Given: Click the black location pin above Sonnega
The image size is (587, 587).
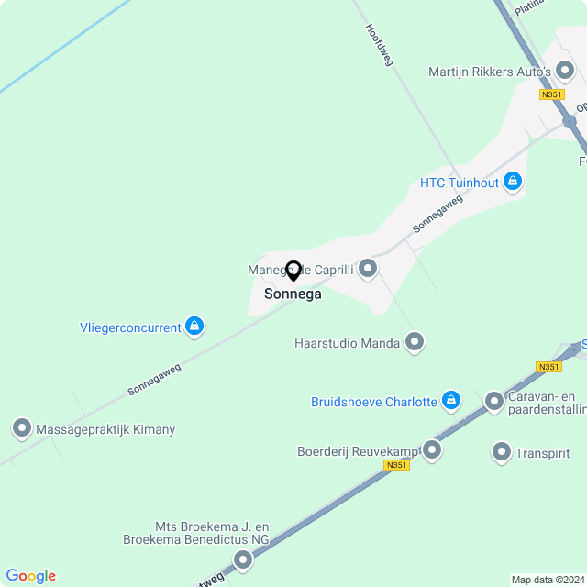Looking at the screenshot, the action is (293, 271).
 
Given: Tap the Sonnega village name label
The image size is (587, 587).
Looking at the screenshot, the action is (293, 294).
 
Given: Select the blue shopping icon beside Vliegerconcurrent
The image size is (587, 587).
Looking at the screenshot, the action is (194, 326).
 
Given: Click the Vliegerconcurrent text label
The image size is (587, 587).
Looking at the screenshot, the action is (130, 327).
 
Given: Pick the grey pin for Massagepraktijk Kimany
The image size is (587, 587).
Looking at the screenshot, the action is (21, 428).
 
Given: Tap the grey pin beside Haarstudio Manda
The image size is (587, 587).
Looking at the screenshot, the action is (415, 343).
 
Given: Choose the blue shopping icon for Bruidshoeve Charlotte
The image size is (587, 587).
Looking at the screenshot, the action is (450, 401).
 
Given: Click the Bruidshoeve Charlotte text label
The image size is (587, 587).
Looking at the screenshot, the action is (374, 402).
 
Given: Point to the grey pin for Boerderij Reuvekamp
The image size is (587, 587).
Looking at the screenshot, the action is (432, 450).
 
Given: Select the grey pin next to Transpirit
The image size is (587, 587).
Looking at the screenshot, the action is (501, 452).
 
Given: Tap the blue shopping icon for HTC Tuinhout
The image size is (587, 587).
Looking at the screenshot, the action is (513, 182).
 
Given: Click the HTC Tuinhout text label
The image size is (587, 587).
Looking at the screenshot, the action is (460, 183).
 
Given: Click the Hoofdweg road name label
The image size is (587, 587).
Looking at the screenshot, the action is (379, 44).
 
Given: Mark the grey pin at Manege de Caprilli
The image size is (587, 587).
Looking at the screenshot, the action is (368, 269).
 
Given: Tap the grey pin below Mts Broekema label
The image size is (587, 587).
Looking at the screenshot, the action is (243, 559).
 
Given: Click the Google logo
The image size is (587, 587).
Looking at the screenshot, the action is (30, 576).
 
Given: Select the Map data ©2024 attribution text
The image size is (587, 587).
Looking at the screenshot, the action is (548, 580).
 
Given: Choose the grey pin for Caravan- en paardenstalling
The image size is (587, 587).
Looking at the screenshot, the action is (494, 401).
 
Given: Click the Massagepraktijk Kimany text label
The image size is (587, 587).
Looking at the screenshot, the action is (105, 429).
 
